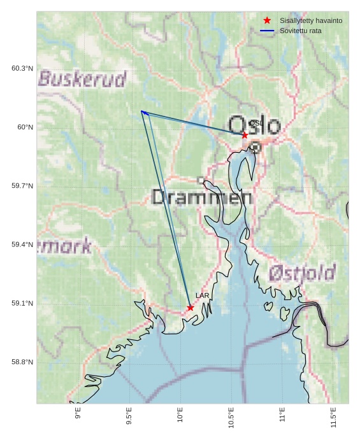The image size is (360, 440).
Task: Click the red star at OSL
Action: pyautogui.click(x=245, y=135)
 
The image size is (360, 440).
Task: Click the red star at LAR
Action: pyautogui.click(x=191, y=308)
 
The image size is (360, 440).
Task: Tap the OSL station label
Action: pyautogui.click(x=256, y=124)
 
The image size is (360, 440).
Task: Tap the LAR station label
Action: pyautogui.click(x=202, y=295)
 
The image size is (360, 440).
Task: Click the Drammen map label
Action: pyautogui.click(x=202, y=197)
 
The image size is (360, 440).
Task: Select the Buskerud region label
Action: pyautogui.click(x=82, y=79)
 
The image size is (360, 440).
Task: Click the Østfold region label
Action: pyautogui.click(x=301, y=273)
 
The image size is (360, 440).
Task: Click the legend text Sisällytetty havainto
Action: pyautogui.click(x=311, y=20)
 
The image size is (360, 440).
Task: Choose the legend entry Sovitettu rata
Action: pyautogui.click(x=301, y=31)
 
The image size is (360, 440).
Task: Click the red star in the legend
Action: pyautogui.click(x=267, y=20)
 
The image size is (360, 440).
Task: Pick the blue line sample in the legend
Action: pyautogui.click(x=267, y=31)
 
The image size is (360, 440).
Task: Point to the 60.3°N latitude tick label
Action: pyautogui.click(x=22, y=68)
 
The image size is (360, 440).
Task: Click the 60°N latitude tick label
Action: pyautogui.click(x=25, y=127)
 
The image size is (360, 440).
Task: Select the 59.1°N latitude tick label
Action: pyautogui.click(x=22, y=303)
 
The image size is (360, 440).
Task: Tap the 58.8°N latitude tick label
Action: pyautogui.click(x=22, y=362)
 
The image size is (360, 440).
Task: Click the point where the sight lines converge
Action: pyautogui.click(x=142, y=111)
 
